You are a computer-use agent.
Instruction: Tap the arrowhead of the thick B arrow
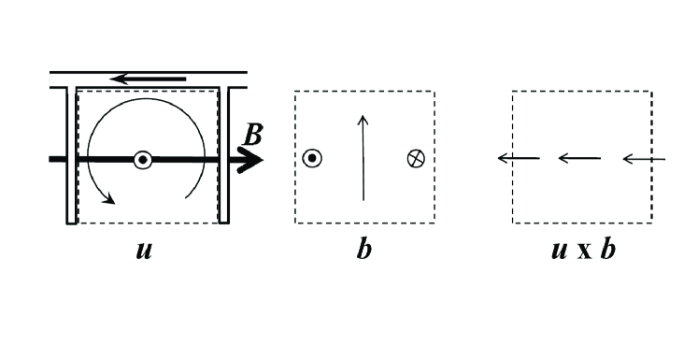253,160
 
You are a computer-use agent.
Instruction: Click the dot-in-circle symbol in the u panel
142,160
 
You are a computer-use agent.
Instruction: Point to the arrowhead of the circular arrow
110,197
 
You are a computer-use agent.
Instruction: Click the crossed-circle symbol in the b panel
416,159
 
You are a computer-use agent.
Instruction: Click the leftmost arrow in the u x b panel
518,159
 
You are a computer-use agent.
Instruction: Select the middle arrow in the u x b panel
579,159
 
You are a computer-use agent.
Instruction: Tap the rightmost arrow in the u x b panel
644,159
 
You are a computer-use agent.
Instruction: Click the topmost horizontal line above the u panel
148,70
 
